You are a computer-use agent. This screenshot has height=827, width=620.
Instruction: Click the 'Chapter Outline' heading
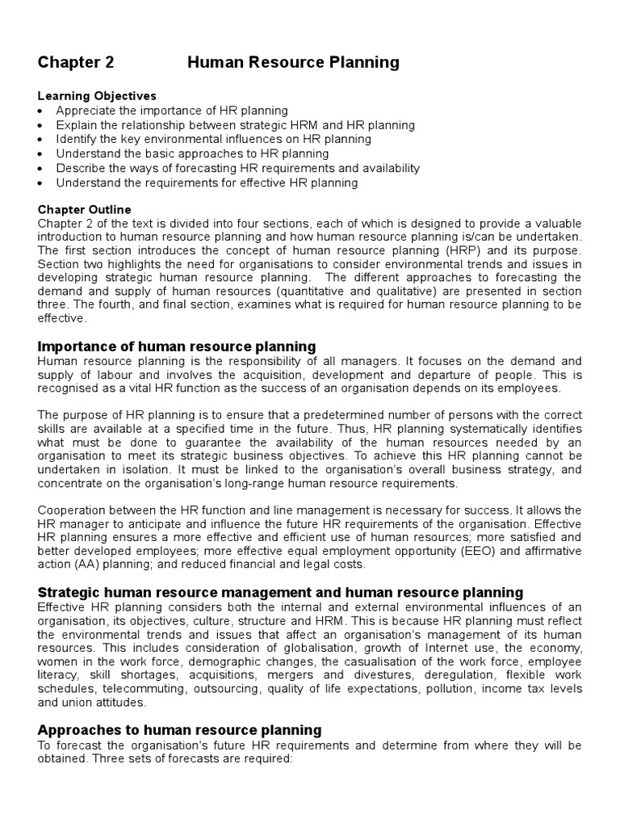[84, 209]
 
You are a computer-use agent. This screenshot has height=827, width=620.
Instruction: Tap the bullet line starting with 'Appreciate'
[171, 111]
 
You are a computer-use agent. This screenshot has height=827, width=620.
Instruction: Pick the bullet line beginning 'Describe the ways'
[237, 168]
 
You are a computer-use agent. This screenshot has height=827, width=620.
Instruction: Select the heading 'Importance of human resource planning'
[177, 346]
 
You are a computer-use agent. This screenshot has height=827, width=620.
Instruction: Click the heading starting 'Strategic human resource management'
[280, 592]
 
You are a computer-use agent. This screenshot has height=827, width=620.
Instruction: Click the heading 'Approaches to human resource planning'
[180, 729]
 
